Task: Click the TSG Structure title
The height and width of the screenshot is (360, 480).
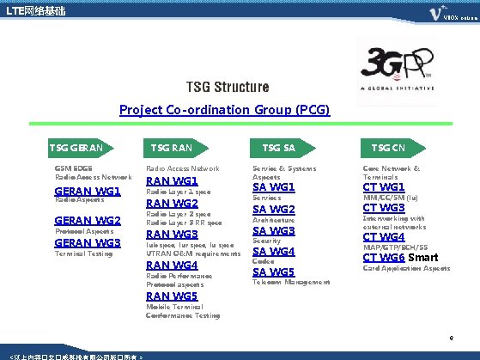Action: tap(228, 88)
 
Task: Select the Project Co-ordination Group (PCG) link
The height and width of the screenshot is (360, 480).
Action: tap(224, 110)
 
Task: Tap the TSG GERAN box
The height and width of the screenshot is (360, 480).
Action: tap(82, 148)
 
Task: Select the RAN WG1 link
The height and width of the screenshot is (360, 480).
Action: tap(173, 181)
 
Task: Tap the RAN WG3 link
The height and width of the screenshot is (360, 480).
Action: tap(173, 234)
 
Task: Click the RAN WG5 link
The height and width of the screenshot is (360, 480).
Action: tap(173, 296)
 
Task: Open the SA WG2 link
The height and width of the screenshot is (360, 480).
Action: tap(274, 210)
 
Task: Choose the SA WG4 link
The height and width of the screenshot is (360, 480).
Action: tap(274, 252)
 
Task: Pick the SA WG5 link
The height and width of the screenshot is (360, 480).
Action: tap(274, 272)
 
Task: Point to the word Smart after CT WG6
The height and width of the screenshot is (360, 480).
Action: tap(422, 257)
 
